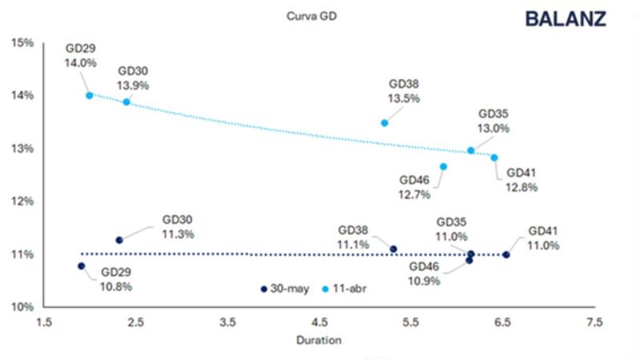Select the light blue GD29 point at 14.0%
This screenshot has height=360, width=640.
[x=90, y=94]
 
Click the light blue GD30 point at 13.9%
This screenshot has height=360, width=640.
[x=126, y=102]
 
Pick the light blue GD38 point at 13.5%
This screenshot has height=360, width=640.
[x=385, y=122]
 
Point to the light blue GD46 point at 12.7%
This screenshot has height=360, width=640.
[x=443, y=166]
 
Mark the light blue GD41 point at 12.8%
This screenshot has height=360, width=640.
[x=494, y=158]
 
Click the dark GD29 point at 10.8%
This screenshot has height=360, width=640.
[x=81, y=266]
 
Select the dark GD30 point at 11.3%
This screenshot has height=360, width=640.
[x=119, y=240]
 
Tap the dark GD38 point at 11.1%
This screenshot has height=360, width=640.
[x=394, y=249]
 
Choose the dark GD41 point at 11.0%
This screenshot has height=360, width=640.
[x=506, y=254]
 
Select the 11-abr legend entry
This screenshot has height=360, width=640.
[x=341, y=287]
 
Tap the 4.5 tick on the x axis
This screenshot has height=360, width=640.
[x=319, y=322]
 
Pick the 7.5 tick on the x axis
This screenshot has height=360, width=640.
[x=594, y=322]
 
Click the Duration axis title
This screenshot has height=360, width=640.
[x=318, y=340]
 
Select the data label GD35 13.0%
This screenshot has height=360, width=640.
[x=494, y=121]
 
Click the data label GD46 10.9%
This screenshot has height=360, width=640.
[x=425, y=274]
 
